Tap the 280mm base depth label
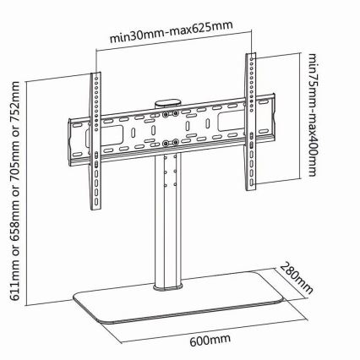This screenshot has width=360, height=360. point(297,278)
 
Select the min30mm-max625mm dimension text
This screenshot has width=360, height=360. point(172,31)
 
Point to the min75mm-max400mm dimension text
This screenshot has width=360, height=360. point(313,115)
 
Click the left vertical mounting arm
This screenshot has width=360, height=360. point(95,141)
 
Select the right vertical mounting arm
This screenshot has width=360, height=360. point(250,122)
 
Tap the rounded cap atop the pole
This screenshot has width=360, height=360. point(167,102)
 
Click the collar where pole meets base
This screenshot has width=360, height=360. point(168,287)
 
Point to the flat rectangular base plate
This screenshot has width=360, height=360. point(177,297)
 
